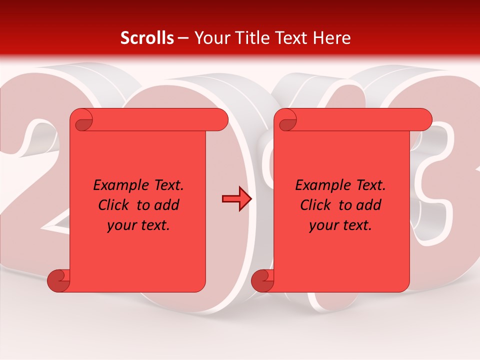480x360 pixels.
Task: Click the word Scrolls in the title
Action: point(147,38)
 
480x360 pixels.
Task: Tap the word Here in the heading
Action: point(332,38)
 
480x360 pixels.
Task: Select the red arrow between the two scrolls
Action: point(236,199)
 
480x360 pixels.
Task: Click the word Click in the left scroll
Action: point(114,205)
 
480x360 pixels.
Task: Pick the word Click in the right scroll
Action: point(316,205)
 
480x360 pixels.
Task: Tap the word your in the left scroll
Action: point(121,225)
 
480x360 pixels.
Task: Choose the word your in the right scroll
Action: point(323,225)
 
